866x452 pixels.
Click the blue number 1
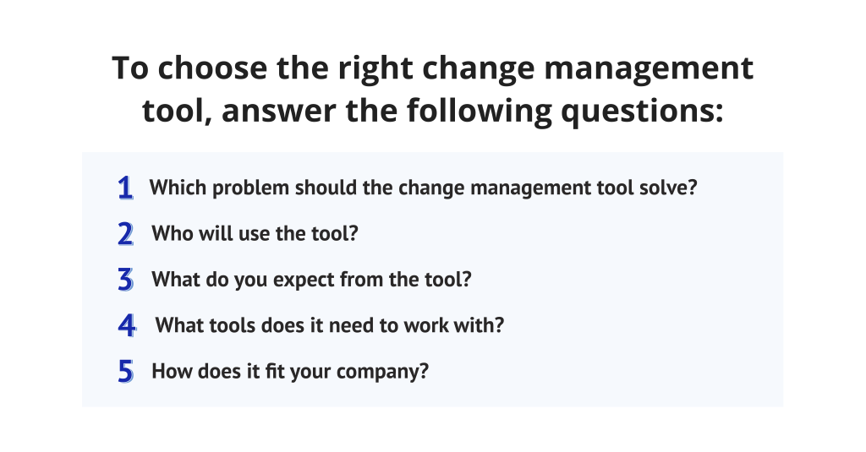tap(126, 188)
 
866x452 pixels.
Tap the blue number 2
tap(126, 234)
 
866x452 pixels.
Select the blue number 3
tap(126, 280)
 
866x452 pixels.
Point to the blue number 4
tap(127, 325)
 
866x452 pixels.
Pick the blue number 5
tap(126, 372)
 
